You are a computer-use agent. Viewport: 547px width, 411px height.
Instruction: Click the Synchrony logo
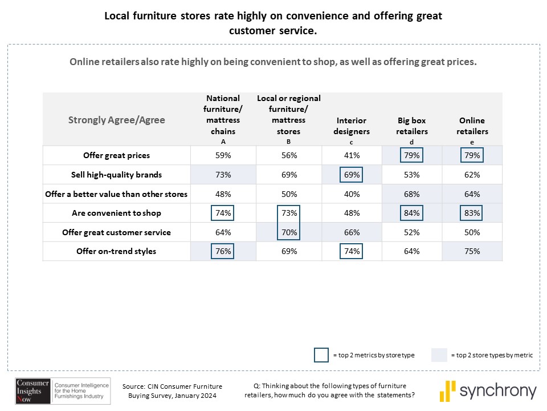pos(488,391)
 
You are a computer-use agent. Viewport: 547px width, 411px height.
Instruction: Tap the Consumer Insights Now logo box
pos(33,390)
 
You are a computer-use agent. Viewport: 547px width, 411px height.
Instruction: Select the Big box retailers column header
pos(413,126)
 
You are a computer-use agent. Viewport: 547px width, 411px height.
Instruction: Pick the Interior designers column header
pos(352,126)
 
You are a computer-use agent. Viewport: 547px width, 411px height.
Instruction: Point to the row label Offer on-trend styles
pos(117,252)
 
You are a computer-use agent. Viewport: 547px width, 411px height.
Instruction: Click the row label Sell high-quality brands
pos(117,175)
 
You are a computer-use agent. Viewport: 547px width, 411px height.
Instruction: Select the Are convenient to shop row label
pos(117,213)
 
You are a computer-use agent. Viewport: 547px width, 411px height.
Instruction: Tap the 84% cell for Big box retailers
pos(412,213)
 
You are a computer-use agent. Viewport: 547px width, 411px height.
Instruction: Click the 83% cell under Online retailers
pos(472,213)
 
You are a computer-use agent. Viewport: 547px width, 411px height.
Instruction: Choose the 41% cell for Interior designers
pos(352,155)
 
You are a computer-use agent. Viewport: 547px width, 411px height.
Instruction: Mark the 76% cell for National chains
pos(223,252)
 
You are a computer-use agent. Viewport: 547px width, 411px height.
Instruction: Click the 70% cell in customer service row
pos(289,232)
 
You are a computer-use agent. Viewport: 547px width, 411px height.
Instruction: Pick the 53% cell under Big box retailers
pos(412,175)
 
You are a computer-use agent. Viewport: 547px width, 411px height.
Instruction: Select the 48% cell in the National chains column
pos(223,194)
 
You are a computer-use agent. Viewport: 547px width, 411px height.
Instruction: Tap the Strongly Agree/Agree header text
pos(117,120)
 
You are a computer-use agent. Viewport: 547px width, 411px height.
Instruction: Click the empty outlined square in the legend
pos(321,354)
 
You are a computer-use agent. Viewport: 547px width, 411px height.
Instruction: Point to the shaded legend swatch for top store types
pos(438,354)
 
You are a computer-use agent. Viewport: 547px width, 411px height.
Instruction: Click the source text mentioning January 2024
pos(172,390)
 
